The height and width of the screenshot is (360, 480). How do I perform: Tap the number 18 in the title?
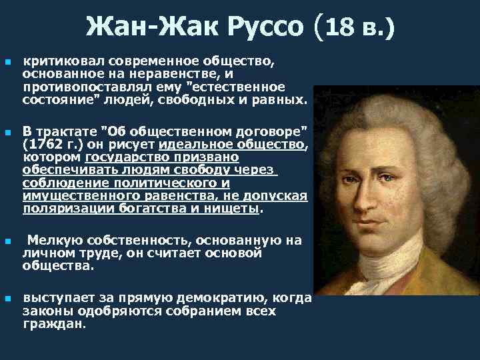pyautogui.click(x=344, y=27)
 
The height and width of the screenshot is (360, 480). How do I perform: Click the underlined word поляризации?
pyautogui.click(x=61, y=208)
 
